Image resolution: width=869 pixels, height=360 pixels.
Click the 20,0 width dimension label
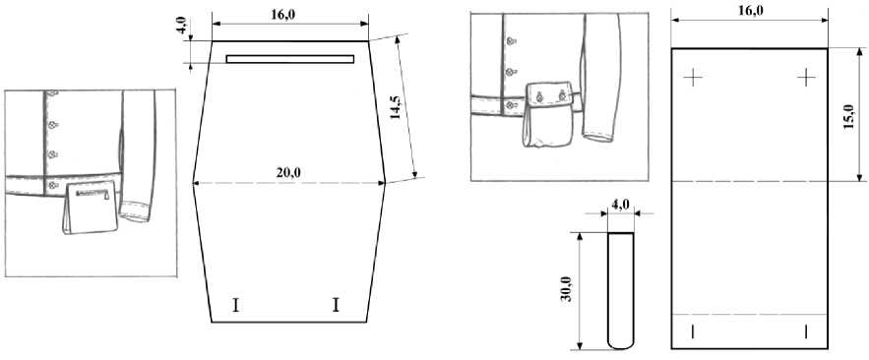[288, 173]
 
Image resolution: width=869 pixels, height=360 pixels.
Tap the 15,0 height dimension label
[848, 117]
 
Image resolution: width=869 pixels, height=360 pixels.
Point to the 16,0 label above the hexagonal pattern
[283, 15]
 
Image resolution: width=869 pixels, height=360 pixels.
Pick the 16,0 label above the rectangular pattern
[750, 10]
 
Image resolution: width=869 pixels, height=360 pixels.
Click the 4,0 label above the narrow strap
[621, 205]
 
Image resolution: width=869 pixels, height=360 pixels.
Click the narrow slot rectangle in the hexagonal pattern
[290, 59]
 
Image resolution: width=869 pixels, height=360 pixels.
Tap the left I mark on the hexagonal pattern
[236, 305]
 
